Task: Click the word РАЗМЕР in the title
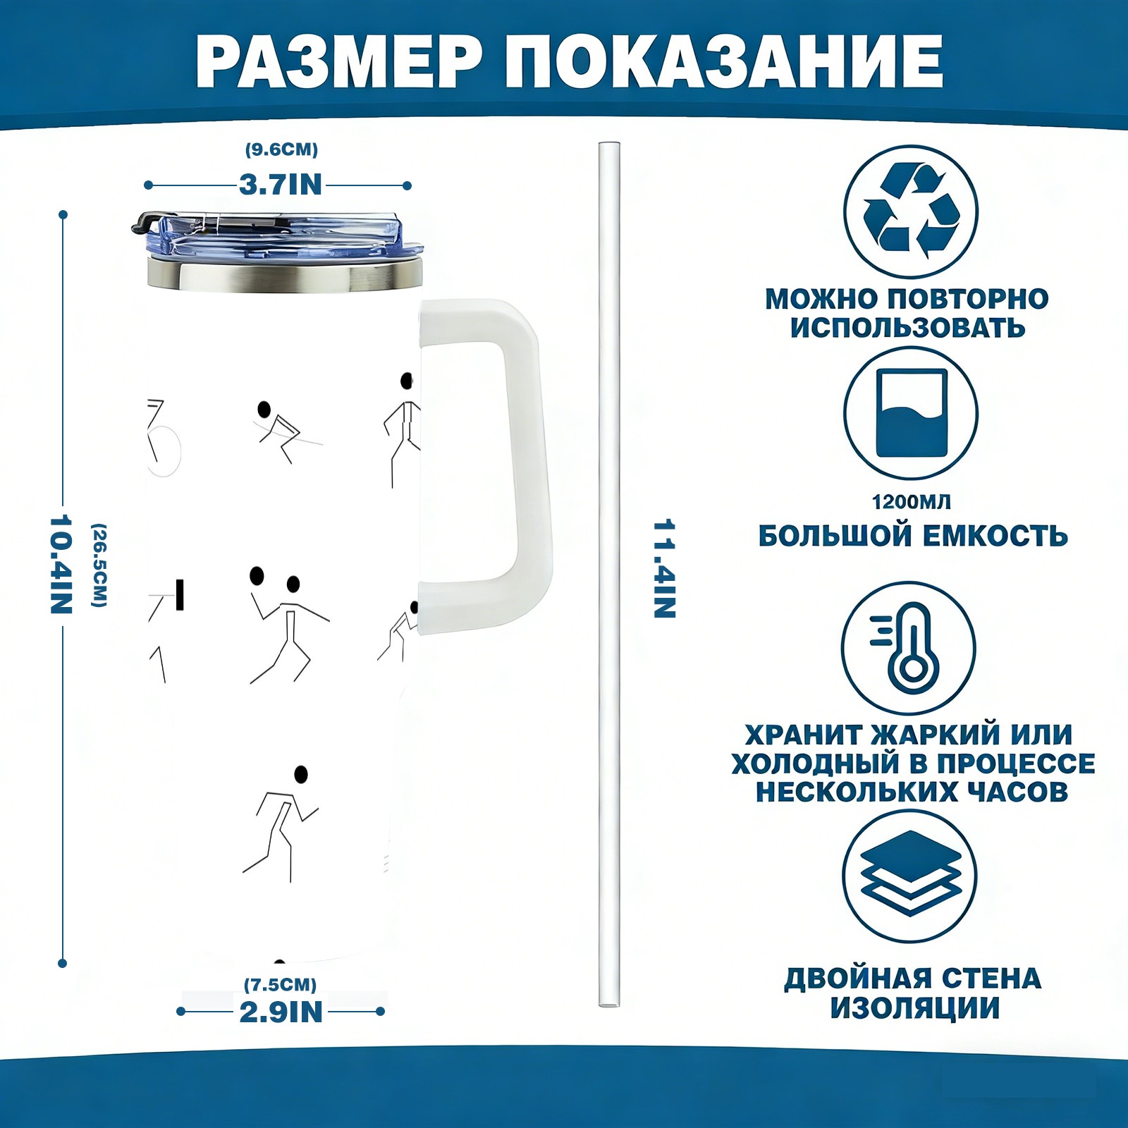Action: (338, 61)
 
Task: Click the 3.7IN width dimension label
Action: (281, 185)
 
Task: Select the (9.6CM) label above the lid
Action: (281, 149)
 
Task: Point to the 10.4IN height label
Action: (61, 564)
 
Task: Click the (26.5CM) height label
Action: (99, 565)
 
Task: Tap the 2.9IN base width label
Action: (281, 1012)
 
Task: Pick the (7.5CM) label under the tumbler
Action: (280, 984)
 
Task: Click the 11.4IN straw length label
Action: (665, 569)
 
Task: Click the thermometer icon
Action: (909, 647)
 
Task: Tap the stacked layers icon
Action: (910, 876)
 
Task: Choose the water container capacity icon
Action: (911, 414)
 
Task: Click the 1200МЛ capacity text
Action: (911, 502)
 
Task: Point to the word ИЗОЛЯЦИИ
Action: (915, 1008)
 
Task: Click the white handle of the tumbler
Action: (522, 465)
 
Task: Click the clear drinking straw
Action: (609, 575)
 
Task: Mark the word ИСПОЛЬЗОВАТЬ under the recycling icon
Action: (908, 328)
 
